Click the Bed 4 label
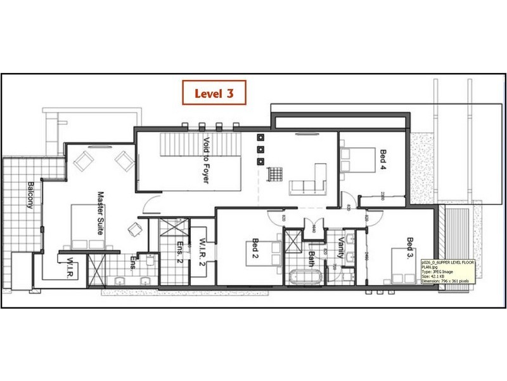coord(382,160)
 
